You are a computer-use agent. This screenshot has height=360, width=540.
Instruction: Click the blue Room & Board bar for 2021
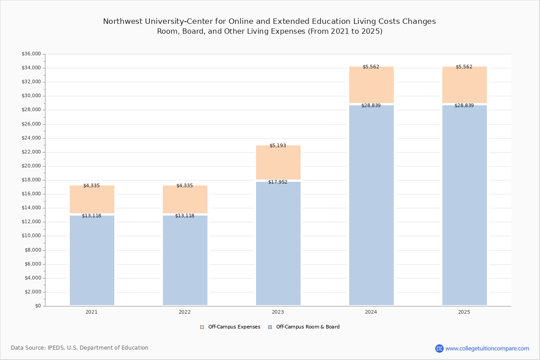pos(92,260)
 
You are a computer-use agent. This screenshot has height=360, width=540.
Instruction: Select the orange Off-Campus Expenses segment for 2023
pos(278,162)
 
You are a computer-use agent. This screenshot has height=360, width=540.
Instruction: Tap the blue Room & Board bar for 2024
pos(371,205)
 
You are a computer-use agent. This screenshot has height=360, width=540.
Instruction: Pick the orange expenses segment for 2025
pos(464,85)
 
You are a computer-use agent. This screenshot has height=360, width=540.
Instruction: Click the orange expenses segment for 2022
pos(185,199)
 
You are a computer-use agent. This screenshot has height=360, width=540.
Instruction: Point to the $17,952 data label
pos(278,182)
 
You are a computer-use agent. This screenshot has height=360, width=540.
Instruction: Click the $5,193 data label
pos(278,145)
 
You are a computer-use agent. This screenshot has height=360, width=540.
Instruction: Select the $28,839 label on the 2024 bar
pos(371,105)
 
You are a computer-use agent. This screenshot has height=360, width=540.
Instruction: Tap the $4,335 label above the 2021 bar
pos(91,185)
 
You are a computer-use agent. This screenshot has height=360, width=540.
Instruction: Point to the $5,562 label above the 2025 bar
pos(464,67)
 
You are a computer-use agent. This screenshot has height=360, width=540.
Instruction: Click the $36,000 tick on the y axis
pos(31,54)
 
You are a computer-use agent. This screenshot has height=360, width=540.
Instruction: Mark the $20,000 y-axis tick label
pos(31,166)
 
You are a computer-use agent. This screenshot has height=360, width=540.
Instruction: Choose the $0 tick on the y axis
pos(38,306)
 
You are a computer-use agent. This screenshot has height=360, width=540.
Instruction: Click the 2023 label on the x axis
pos(278,312)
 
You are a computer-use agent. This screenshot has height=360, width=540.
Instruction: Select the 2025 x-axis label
pos(464,312)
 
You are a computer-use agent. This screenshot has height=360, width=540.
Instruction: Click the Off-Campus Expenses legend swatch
pos(202,327)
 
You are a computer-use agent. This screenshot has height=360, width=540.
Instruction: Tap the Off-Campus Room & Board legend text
pos(308,327)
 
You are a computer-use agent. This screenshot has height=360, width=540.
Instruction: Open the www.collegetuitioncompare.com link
pos(487,348)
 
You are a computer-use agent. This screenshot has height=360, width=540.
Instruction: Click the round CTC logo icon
pos(439,348)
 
